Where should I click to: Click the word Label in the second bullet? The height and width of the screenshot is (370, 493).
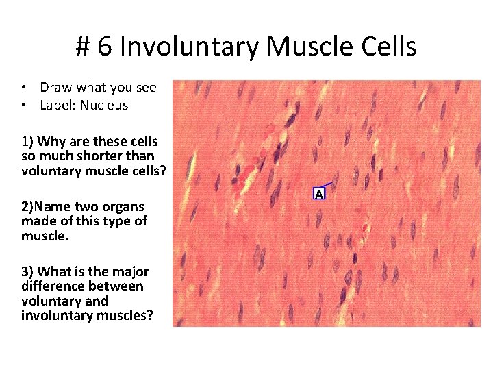(55, 105)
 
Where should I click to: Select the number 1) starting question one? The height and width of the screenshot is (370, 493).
(27, 142)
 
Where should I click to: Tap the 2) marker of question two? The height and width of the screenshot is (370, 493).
(27, 206)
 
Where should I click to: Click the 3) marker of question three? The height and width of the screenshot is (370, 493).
(28, 271)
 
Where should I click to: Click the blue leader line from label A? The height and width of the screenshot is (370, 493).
(327, 184)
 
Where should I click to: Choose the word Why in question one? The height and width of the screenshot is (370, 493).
(49, 142)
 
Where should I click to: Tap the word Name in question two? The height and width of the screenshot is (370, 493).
(51, 206)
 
